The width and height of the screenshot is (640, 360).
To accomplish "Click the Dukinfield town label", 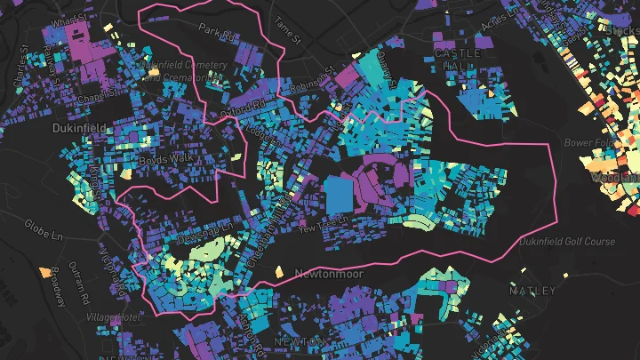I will pos(76,128).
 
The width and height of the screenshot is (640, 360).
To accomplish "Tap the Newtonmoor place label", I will pos(329,274).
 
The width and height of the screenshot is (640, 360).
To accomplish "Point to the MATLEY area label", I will pos(533,291).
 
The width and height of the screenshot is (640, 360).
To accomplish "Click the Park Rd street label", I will pos(216,32).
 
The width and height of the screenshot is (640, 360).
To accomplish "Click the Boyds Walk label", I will pos(160,161).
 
